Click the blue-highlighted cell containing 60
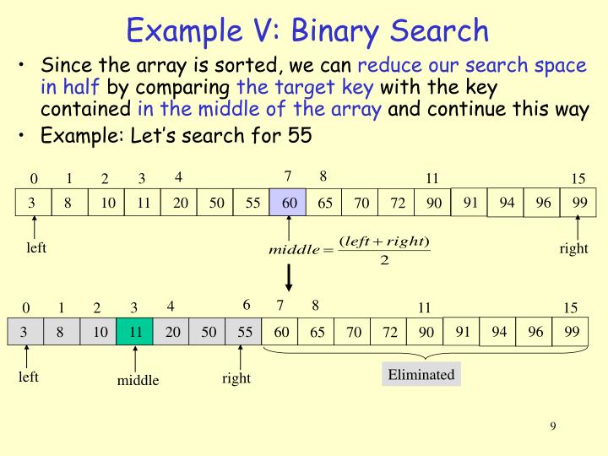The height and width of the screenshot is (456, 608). (288, 204)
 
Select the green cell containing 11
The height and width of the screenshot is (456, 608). (135, 332)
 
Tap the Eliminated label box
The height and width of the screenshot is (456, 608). (421, 375)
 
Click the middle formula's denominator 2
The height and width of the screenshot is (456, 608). (384, 259)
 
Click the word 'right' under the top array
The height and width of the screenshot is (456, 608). (573, 249)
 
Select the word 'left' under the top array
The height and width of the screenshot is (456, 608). (35, 247)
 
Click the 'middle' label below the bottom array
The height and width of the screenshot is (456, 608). (138, 381)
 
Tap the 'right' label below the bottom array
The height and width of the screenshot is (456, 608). (236, 378)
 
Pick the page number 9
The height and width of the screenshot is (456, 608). (553, 426)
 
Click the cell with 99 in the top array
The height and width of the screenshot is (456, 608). (579, 202)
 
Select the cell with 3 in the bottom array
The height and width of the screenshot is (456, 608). (24, 332)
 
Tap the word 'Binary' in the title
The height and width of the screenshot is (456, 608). (337, 30)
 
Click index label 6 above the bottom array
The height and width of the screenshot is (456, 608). (247, 305)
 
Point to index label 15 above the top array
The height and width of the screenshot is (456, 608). (578, 179)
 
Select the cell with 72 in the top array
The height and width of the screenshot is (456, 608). (398, 204)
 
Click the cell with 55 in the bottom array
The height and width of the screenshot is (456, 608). (245, 332)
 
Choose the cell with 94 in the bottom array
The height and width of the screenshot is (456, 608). (499, 331)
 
